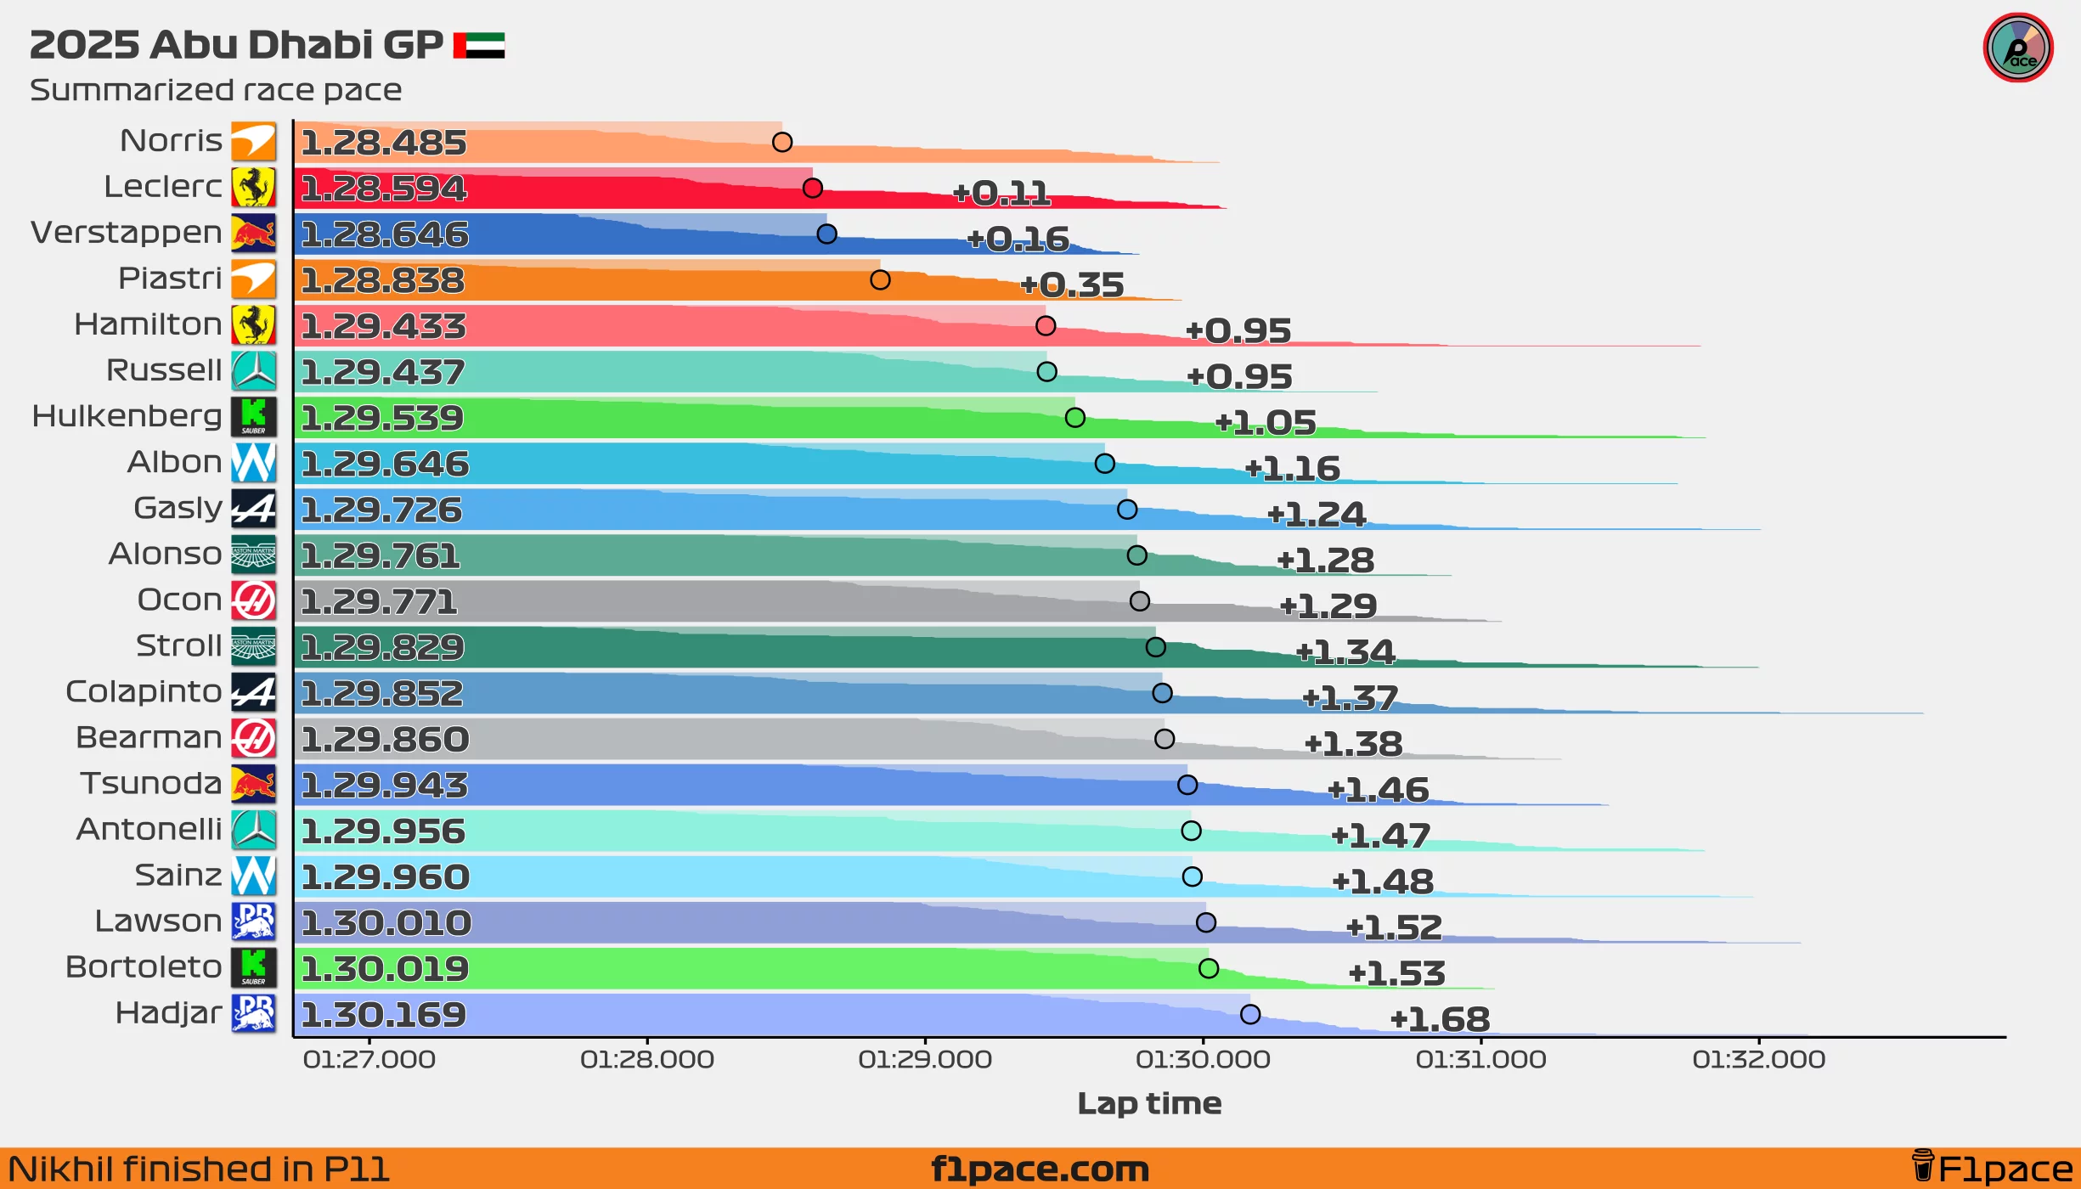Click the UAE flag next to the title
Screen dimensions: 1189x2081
pos(479,45)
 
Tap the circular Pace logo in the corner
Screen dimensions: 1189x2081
pos(2017,48)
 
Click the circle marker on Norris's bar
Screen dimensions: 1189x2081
pos(782,142)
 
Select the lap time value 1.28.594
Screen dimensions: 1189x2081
pos(384,189)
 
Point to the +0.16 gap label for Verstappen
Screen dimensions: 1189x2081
pos(1018,239)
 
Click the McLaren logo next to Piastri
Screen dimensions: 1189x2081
pos(253,279)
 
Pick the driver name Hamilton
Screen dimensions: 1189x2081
pos(148,324)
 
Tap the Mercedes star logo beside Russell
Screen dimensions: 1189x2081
pos(253,371)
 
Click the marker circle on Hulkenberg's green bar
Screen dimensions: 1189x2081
pos(1074,418)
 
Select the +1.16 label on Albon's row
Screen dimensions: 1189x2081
pos(1292,469)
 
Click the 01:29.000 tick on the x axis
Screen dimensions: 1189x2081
pos(925,1059)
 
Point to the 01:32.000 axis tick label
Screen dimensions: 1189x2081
pos(1758,1059)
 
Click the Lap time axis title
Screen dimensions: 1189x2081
pos(1149,1103)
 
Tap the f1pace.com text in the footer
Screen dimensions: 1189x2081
pos(1040,1169)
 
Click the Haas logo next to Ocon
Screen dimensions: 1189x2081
pos(253,600)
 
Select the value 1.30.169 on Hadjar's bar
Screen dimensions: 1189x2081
pos(384,1015)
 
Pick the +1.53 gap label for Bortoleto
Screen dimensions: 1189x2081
pos(1396,973)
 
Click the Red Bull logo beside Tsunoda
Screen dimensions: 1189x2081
pos(253,784)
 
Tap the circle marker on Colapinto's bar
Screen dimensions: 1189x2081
pos(1162,693)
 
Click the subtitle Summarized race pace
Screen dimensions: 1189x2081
pos(216,90)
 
